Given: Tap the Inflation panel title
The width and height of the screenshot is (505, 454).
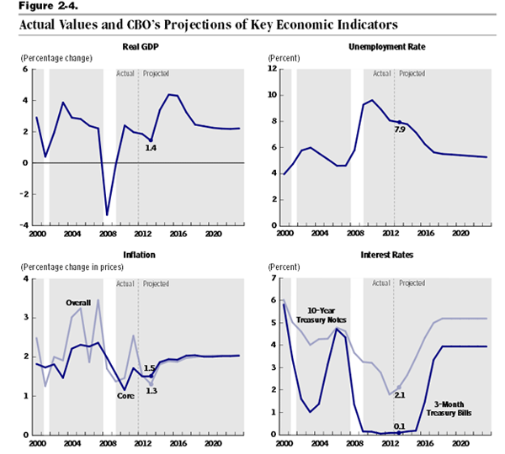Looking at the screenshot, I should point(139,256).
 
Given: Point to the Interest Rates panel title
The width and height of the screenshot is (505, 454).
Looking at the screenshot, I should point(387,256).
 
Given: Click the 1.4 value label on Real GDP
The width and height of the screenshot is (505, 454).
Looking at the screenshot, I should point(151,148).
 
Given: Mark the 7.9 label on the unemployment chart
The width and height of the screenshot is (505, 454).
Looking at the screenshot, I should point(400,129).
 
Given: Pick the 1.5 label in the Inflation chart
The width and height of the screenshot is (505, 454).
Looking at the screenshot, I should point(149,368).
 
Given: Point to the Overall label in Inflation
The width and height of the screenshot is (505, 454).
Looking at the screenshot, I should point(78,302).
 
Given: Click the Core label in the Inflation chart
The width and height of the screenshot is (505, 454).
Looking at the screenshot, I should point(125,395).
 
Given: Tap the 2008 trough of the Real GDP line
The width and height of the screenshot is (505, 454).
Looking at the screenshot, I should point(107,215).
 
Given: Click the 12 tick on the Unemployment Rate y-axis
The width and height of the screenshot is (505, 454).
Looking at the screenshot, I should point(274,69).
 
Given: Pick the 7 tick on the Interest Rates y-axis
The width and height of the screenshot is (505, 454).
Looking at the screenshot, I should point(273,278).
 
